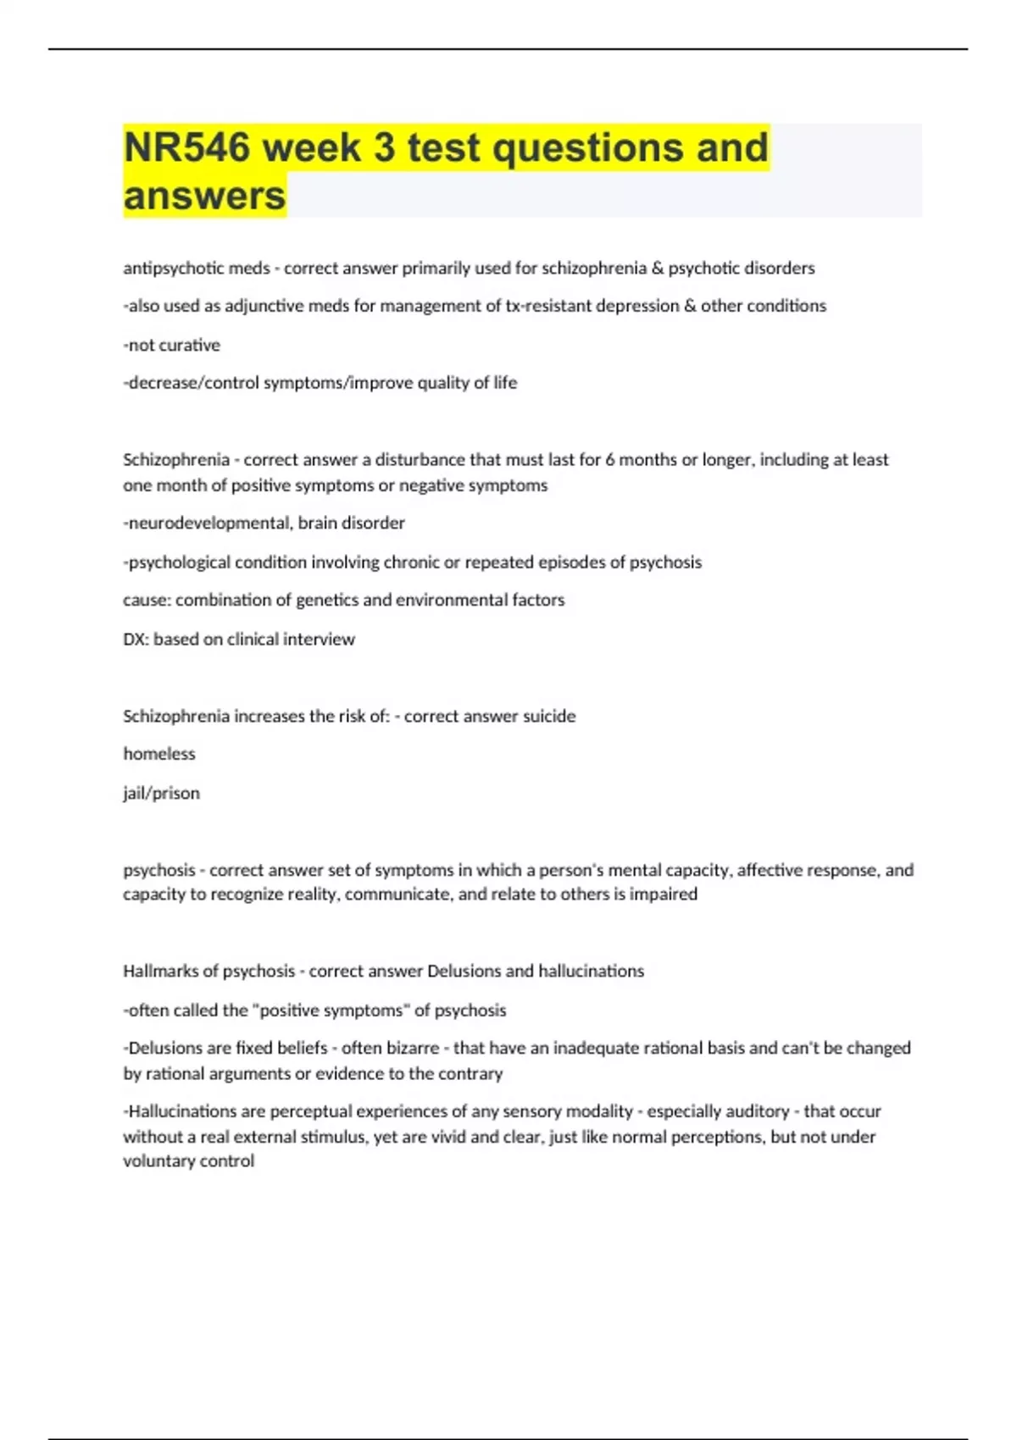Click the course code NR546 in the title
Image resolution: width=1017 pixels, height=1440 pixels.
click(x=187, y=147)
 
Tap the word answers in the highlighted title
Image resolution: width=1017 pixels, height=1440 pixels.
click(x=204, y=196)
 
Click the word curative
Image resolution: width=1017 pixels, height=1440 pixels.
click(x=191, y=345)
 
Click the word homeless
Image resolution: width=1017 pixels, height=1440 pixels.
click(x=159, y=754)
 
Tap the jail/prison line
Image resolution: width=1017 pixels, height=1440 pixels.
click(x=162, y=794)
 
